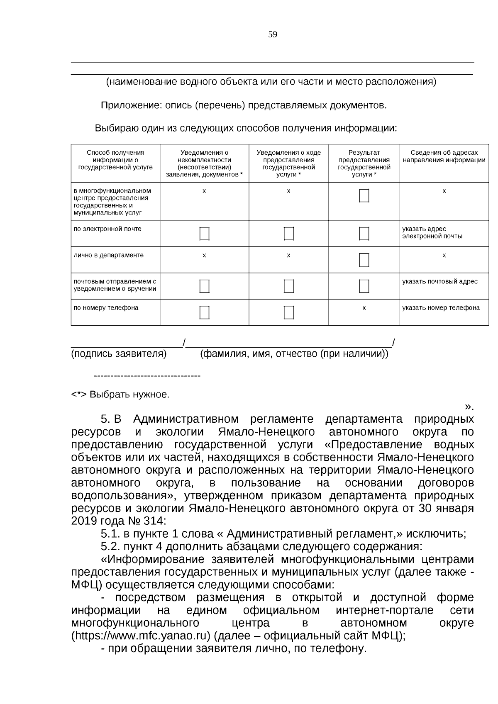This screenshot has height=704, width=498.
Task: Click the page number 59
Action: pyautogui.click(x=272, y=35)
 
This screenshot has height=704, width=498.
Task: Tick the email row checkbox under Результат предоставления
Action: pyautogui.click(x=364, y=234)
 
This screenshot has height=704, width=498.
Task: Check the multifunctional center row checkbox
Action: pyautogui.click(x=364, y=195)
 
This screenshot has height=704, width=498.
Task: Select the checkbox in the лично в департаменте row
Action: pyautogui.click(x=364, y=260)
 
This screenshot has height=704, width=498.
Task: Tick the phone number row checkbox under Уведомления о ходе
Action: pyautogui.click(x=288, y=312)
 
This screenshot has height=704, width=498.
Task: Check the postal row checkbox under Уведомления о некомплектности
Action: pyautogui.click(x=204, y=286)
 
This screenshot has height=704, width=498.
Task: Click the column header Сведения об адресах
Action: pyautogui.click(x=444, y=156)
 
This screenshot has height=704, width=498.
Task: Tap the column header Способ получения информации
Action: pyautogui.click(x=115, y=160)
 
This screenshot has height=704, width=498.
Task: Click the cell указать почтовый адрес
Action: pyautogui.click(x=439, y=281)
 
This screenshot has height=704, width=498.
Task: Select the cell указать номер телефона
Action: pyautogui.click(x=441, y=308)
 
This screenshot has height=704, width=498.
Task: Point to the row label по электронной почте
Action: pyautogui.click(x=107, y=229)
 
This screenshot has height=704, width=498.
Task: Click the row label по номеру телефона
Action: pyautogui.click(x=106, y=308)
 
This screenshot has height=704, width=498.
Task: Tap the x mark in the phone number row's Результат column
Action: pyautogui.click(x=364, y=308)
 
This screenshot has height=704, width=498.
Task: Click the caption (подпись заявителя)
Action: pyautogui.click(x=119, y=354)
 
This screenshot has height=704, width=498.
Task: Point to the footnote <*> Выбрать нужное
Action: pyautogui.click(x=120, y=394)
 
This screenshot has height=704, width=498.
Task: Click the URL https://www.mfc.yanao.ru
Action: pyautogui.click(x=142, y=636)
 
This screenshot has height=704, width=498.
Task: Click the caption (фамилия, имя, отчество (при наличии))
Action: pyautogui.click(x=294, y=354)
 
